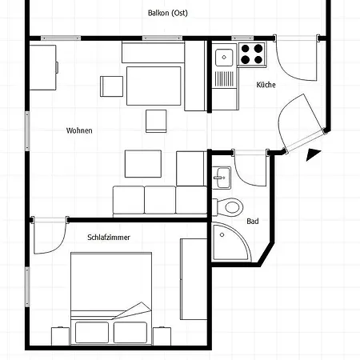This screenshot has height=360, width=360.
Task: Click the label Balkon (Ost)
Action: pos(168,13)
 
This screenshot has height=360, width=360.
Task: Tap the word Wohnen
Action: pos(79,130)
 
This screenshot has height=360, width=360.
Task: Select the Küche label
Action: pos(266,85)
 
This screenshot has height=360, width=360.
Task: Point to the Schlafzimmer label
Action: pos(109,238)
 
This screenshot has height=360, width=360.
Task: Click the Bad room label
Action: pos(253,222)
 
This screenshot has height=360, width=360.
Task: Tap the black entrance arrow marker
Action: pos(313,154)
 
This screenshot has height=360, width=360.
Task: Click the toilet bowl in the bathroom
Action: pos(230,207)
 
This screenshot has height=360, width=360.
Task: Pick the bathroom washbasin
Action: pos(222,178)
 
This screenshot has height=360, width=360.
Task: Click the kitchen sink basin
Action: pos(224,58)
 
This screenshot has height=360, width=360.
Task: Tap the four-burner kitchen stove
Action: pos(252,54)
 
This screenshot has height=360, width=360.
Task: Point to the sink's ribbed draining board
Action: pos(224,79)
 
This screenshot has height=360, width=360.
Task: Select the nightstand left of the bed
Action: pos(60,336)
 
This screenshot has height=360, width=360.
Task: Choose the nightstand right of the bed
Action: pos(162,336)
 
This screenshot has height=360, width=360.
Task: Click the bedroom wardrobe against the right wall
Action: pos(194,279)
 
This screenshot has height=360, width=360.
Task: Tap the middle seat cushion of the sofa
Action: pos(160,200)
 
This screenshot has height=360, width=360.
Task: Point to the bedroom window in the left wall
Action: pos(27,286)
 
